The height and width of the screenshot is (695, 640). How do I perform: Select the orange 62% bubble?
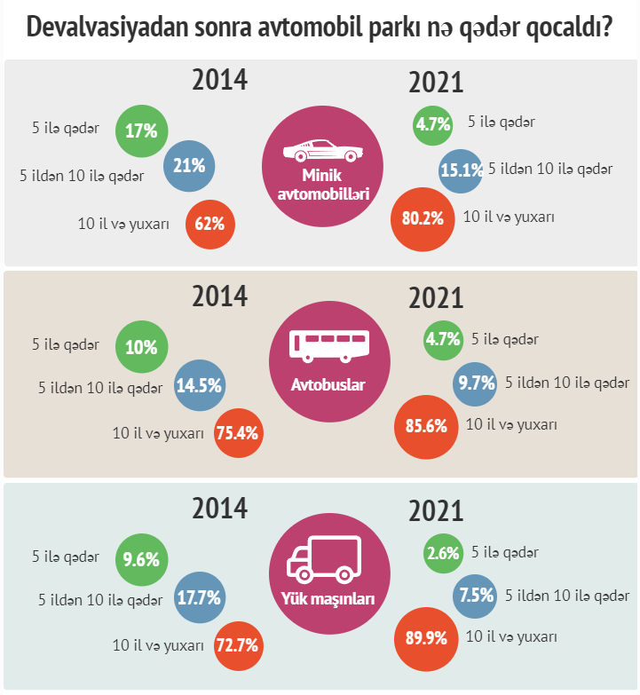(210, 223)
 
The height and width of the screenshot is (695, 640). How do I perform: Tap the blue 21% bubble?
(189, 165)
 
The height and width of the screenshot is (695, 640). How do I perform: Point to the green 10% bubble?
(141, 348)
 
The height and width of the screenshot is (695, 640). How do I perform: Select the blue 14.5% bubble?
(199, 386)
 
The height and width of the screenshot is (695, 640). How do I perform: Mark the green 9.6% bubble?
(141, 559)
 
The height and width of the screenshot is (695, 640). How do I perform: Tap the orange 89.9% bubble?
(424, 637)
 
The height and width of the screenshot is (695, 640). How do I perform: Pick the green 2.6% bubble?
(443, 554)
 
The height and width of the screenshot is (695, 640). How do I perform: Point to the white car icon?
(320, 151)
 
